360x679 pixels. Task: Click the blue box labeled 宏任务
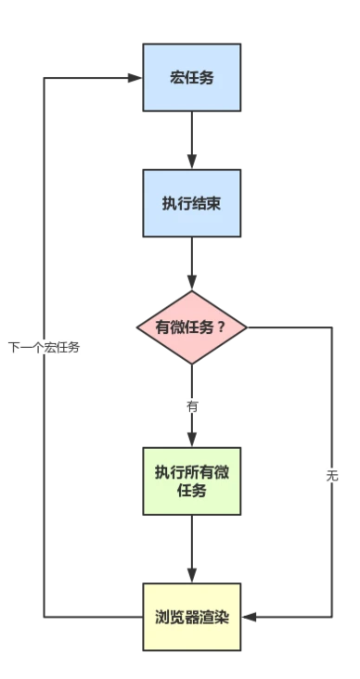[x=191, y=78]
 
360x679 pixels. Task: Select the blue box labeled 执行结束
[x=191, y=203]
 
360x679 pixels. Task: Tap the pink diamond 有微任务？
[x=191, y=327]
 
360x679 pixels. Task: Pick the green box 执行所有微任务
[x=191, y=480]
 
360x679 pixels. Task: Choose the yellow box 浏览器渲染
[x=191, y=617]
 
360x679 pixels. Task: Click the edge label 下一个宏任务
[x=44, y=348]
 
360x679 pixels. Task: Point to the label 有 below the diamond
[x=191, y=406]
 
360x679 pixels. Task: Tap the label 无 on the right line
[x=332, y=476]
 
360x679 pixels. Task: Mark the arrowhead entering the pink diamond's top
[x=191, y=284]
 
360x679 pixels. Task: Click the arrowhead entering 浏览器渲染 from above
[x=191, y=576]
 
